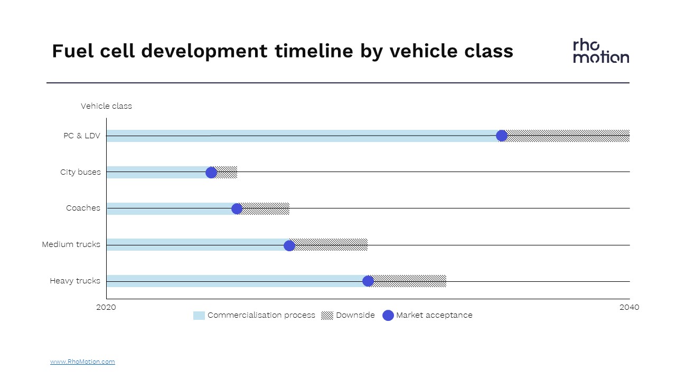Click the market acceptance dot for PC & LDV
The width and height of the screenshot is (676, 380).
(x=502, y=136)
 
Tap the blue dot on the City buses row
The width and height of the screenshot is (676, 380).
(x=211, y=173)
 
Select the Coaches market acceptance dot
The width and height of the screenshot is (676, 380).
(x=237, y=208)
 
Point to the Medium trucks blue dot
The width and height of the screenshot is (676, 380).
(x=289, y=245)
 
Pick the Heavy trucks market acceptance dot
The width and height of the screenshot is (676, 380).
(x=368, y=281)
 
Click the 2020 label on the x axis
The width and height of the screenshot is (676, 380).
(x=106, y=307)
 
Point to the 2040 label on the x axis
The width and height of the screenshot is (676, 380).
(x=629, y=307)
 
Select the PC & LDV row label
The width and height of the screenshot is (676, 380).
(x=82, y=136)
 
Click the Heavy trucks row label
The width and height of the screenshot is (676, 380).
(x=75, y=281)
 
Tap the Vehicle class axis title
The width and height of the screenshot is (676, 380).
(x=106, y=106)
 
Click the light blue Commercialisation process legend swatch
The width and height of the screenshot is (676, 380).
(x=199, y=316)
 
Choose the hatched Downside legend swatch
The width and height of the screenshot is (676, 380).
(x=327, y=316)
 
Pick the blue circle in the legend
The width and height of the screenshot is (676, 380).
(x=388, y=316)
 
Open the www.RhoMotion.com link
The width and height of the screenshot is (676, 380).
(x=82, y=362)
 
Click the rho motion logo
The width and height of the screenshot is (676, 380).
(x=601, y=51)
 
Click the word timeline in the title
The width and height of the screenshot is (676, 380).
(x=314, y=51)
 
